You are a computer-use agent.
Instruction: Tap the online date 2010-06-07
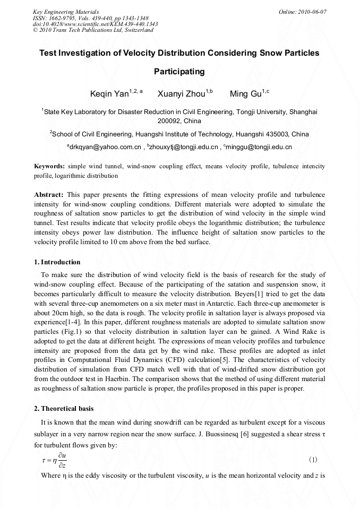(303, 11)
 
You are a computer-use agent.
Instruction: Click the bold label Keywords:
(50, 166)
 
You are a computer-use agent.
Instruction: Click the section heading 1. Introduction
(57, 262)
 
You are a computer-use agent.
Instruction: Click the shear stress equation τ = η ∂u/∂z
(54, 460)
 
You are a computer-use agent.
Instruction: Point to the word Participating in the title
(179, 71)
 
